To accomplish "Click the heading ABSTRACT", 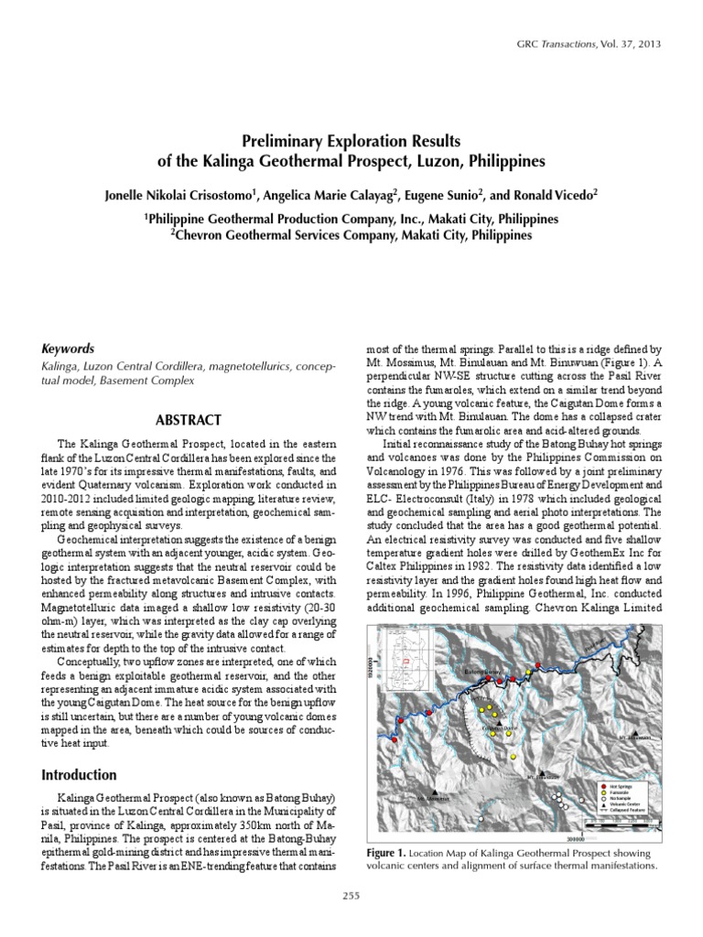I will point(188,420).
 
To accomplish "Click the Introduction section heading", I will point(80,774).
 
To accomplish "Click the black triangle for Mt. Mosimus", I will point(434,792).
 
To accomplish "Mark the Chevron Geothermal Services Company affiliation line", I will point(351,235).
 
